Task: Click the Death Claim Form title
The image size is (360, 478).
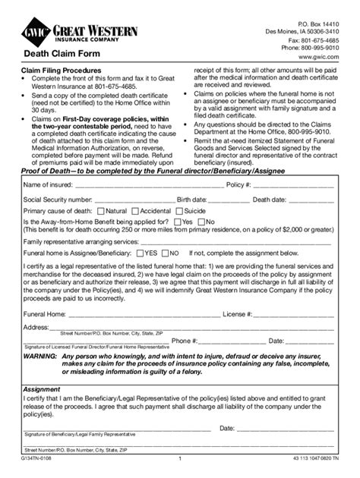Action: pos(58,55)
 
